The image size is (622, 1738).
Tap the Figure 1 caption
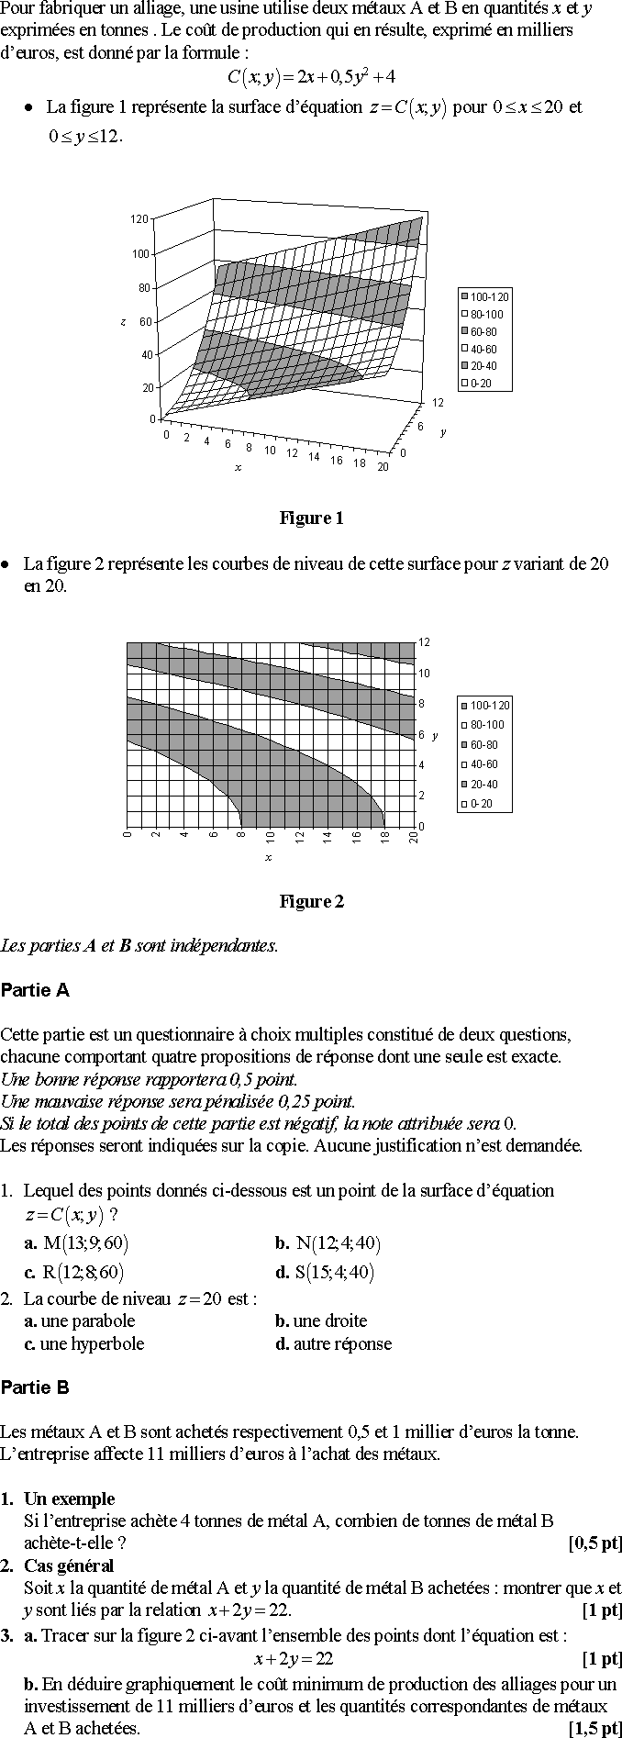pos(311,518)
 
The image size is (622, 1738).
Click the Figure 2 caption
pos(311,902)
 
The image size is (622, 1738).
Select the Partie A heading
pos(36,990)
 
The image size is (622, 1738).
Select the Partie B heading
pos(36,1387)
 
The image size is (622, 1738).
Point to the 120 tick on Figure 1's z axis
pos(139,219)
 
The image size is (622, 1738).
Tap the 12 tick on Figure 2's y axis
pos(424,642)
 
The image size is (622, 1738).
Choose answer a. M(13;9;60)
pos(77,1243)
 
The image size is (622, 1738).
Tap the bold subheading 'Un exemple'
pos(69,1498)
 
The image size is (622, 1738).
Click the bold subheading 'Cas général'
pos(69,1565)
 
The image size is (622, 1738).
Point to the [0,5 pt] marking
pos(595,1543)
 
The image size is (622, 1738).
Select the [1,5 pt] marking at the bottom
pos(595,1729)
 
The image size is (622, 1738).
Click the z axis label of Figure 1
pos(122,322)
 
